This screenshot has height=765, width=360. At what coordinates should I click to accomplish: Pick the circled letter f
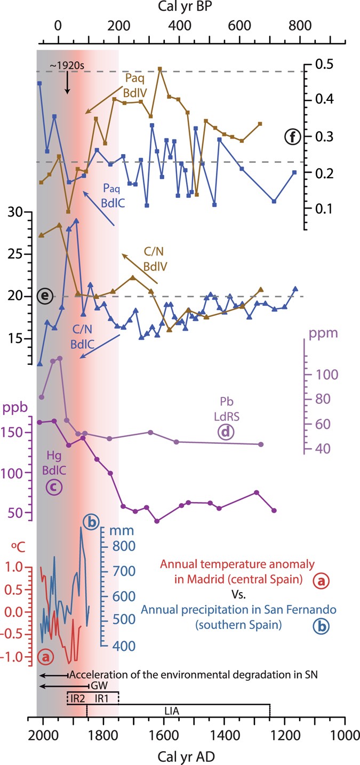[x=293, y=137]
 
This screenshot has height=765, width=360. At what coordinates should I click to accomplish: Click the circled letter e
[x=45, y=296]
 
